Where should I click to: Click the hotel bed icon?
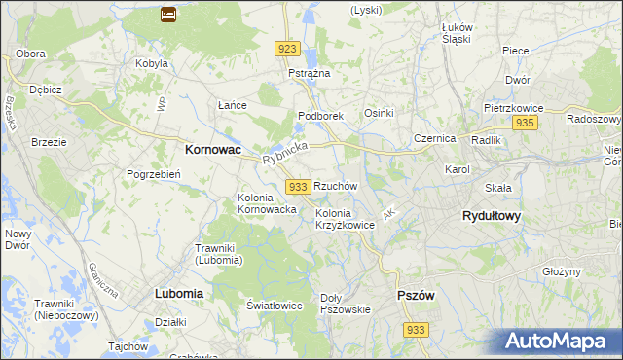coord(167,15)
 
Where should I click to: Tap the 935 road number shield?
coord(525,123)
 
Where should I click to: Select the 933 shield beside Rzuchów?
coord(299,186)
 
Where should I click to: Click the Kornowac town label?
coord(213,151)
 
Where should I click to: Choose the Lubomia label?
coord(178,292)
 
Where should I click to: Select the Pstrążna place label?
coord(310,73)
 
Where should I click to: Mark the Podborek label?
coord(320,116)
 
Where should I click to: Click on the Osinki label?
coord(379,113)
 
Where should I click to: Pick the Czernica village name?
coord(434,138)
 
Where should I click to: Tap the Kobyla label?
coord(153,63)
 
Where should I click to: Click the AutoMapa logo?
coord(559,342)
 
